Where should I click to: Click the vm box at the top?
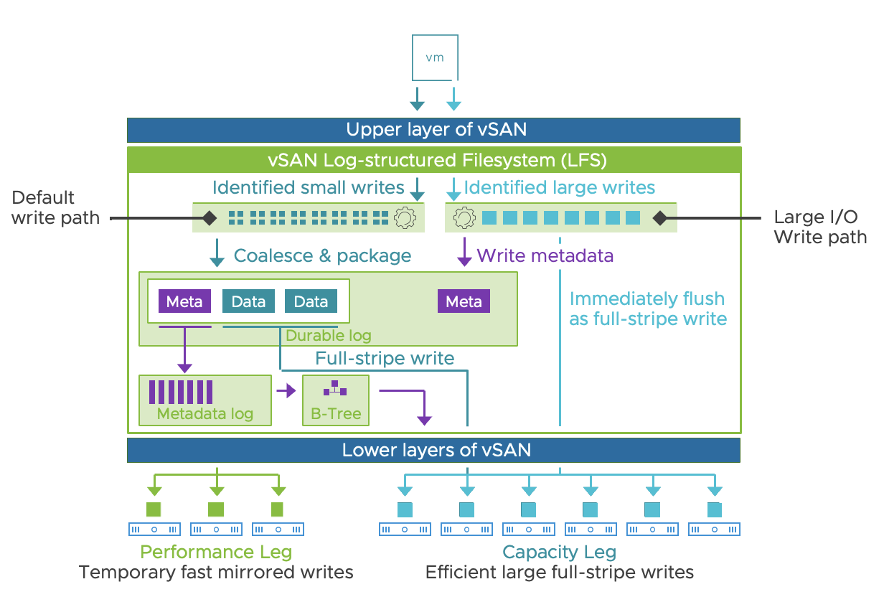pos(435,57)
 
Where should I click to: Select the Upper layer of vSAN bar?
pos(433,130)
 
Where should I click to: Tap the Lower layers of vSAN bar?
pos(433,450)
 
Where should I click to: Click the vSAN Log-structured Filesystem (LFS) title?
pos(433,159)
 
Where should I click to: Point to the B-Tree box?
pos(336,400)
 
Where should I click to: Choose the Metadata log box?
pos(205,400)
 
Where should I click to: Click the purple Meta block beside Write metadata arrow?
pos(464,301)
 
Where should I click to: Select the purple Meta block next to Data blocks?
pos(184,301)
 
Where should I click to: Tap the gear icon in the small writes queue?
pos(405,217)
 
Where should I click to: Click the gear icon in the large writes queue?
pos(464,217)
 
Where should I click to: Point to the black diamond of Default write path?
pos(209,217)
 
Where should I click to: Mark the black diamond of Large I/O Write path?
pos(659,217)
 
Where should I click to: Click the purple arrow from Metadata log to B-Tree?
pos(286,391)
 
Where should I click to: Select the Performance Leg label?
pos(216,552)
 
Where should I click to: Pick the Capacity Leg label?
pos(560,552)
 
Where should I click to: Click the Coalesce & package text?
pos(323,255)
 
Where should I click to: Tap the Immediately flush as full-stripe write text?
pos(648,309)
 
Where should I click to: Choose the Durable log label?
pos(329,335)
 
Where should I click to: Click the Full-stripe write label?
pos(385,358)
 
